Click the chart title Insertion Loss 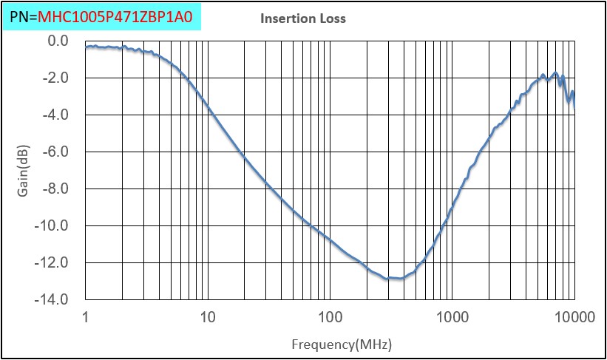[303, 18]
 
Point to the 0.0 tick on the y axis [57, 41]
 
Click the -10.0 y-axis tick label [52, 225]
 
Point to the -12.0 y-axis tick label [52, 262]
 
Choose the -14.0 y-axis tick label [52, 299]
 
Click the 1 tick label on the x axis [86, 317]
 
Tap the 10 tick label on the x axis [208, 317]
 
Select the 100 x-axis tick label [330, 317]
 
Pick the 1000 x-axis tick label [452, 317]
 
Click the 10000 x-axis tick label [574, 317]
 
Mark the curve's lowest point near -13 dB [396, 279]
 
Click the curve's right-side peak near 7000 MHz [555, 73]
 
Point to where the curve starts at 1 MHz [87, 47]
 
